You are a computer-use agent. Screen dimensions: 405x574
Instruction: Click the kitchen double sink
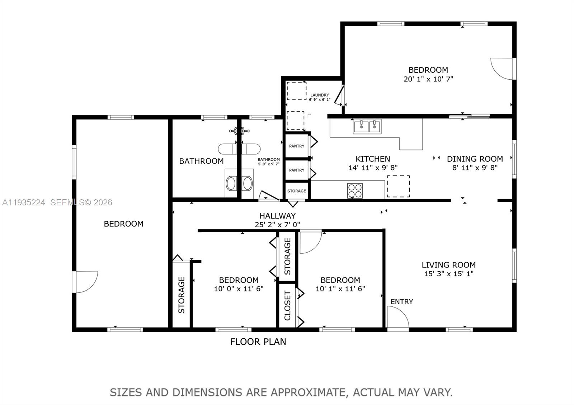pos(367,126)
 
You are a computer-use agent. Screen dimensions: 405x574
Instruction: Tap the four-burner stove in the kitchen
pos(355,190)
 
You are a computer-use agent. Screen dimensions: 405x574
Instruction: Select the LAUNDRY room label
pos(319,95)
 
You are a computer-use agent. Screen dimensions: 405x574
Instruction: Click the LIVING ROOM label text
pos(448,265)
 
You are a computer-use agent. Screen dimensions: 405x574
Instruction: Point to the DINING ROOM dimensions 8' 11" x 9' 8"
pos(475,167)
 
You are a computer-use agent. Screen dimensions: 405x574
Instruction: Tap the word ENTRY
pos(401,301)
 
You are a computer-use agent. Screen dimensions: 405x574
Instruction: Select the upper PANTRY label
pos(297,146)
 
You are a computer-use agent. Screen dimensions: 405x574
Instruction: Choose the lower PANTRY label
pos(297,170)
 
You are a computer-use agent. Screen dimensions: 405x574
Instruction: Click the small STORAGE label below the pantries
pos(297,191)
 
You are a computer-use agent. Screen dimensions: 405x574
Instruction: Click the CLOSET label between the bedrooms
pos(287,306)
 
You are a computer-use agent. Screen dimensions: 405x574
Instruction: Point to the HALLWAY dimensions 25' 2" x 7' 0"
pos(277,225)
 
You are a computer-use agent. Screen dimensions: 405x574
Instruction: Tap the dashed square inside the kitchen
pos(398,186)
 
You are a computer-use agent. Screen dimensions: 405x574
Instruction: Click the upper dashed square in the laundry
pos(297,91)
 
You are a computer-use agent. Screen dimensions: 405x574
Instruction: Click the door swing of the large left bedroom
pos(85,282)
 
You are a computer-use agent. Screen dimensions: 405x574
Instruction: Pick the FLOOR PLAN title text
pos(258,342)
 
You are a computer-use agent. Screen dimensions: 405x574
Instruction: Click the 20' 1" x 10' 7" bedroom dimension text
pos(428,79)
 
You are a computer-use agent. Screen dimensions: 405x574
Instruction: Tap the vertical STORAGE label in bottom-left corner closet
pos(182,295)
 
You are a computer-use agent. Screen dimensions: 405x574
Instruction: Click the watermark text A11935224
pos(24,202)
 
